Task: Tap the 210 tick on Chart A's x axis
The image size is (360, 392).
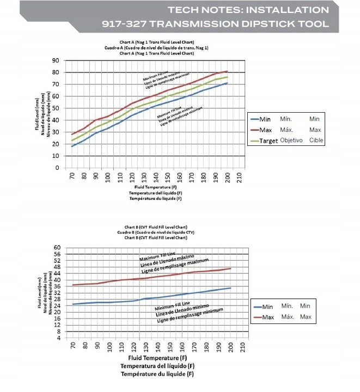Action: point(240,178)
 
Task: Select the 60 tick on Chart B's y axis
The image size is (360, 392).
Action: point(57,248)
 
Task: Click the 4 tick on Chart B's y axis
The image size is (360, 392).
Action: point(58,338)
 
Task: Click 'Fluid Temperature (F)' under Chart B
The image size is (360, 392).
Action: point(157,358)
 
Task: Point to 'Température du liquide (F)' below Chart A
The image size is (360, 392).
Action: point(156,199)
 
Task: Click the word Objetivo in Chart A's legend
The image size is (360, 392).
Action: point(291,140)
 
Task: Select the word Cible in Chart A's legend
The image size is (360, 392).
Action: point(316,140)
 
